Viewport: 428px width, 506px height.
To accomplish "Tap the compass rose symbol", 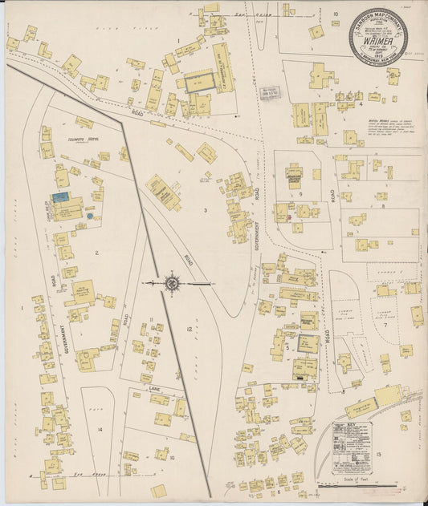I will coord(171,282).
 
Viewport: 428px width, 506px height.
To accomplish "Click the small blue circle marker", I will coord(90,216).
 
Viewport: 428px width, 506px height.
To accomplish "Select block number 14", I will coord(100,430).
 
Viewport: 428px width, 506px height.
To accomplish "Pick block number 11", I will coord(150,319).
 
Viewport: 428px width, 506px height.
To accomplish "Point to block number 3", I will coord(206,210).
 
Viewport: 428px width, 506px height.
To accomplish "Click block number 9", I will coord(301,193).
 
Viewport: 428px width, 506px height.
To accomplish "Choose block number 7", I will coord(385,326).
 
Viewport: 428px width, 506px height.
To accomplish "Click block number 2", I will coord(96,253).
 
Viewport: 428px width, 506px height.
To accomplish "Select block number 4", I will coord(361,103).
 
